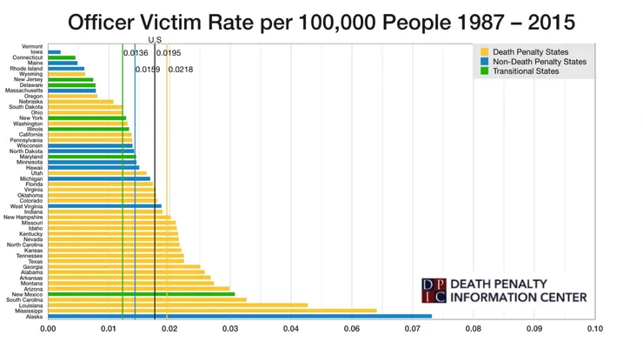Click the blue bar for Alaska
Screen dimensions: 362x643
[239, 316]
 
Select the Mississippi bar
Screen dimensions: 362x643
[212, 310]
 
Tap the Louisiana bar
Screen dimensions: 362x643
[177, 305]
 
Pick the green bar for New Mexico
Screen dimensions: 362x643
[141, 294]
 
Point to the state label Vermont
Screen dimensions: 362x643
[31, 46]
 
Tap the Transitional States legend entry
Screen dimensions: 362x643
[516, 71]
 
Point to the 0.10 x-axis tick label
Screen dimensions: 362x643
[594, 330]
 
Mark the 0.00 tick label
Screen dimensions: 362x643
[48, 330]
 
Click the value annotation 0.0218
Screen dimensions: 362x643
[181, 69]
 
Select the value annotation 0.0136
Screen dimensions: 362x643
[136, 53]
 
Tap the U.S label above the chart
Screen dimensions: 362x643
[155, 40]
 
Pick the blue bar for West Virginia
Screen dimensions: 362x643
[104, 206]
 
